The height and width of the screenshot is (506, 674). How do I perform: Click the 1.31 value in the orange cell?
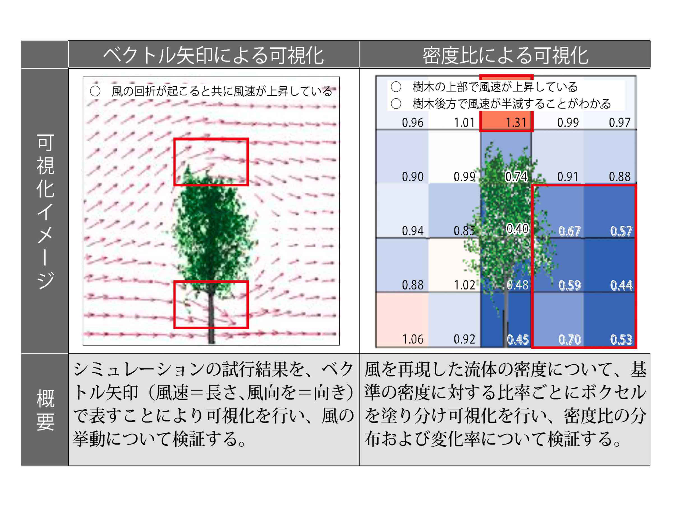[x=516, y=123]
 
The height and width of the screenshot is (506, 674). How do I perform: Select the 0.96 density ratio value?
[x=412, y=123]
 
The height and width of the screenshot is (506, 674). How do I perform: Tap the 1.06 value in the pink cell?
[x=412, y=339]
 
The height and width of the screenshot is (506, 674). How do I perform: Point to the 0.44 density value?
[x=621, y=285]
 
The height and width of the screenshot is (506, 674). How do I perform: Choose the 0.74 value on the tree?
[x=516, y=177]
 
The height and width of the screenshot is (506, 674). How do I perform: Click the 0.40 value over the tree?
[x=517, y=229]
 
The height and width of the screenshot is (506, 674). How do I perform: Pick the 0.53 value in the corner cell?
[x=621, y=340]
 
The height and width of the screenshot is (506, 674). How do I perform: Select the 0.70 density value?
[x=569, y=340]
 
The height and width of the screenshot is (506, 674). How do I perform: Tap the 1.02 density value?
[x=464, y=285]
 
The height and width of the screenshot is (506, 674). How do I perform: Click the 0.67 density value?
[x=569, y=231]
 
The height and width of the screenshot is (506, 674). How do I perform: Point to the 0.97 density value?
[x=619, y=123]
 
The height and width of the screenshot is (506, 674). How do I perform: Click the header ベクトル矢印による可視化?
[x=213, y=55]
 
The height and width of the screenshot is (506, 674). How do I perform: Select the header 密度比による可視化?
[x=505, y=55]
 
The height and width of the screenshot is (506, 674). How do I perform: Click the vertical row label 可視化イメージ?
[x=45, y=211]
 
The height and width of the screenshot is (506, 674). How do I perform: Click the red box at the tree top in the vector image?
[x=211, y=139]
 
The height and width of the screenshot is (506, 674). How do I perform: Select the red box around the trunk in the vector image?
[x=211, y=281]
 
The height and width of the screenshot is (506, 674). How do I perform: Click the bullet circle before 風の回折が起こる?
[x=95, y=91]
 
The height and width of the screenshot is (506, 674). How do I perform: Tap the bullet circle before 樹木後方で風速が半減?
[x=396, y=104]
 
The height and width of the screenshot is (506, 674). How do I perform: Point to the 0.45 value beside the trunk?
[x=518, y=340]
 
